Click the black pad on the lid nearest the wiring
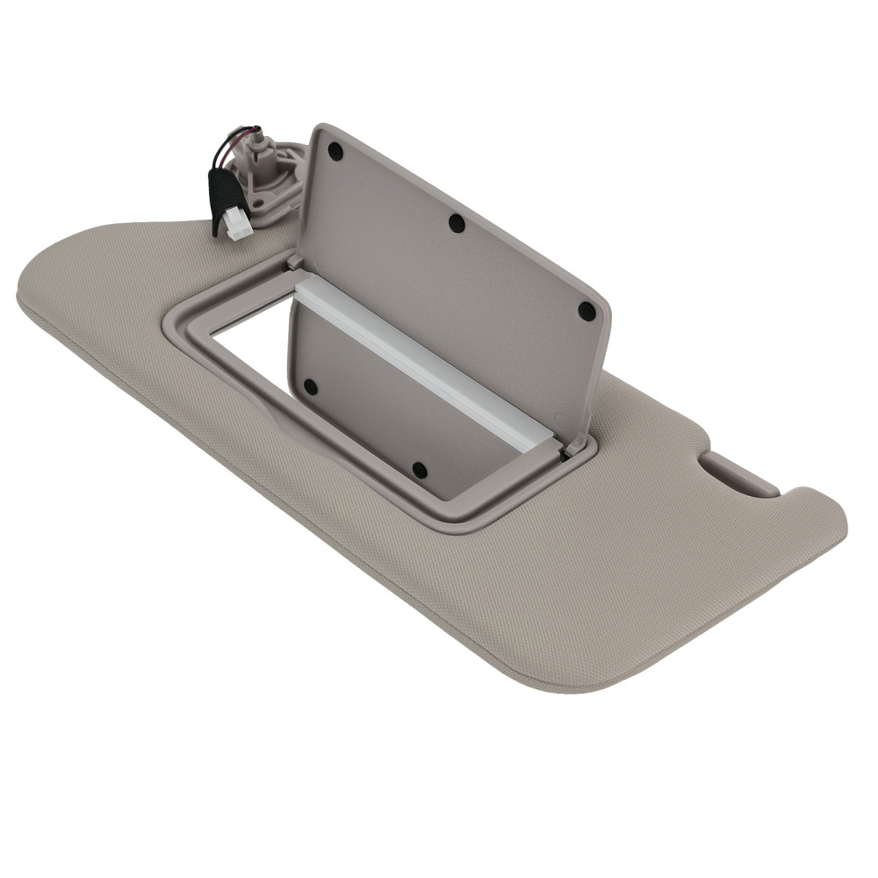(335, 150)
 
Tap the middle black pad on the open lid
(457, 223)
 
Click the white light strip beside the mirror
(421, 360)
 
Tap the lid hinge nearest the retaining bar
(575, 448)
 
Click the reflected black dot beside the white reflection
(310, 385)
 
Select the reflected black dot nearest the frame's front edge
(419, 470)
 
